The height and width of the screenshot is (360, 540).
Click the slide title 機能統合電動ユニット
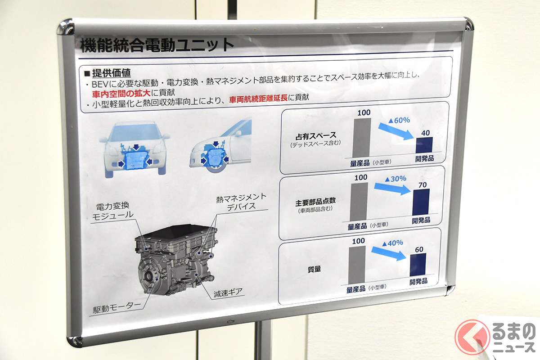click(x=157, y=45)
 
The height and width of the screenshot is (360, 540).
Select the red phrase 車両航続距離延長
click(x=259, y=98)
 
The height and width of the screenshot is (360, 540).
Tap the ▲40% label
click(x=392, y=243)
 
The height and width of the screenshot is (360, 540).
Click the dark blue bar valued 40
click(x=424, y=145)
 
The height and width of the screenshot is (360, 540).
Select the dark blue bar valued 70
click(x=421, y=202)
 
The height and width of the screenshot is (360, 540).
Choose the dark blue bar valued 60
click(x=418, y=264)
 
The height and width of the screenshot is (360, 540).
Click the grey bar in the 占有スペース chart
click(x=362, y=137)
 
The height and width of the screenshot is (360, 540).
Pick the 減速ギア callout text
click(x=228, y=292)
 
